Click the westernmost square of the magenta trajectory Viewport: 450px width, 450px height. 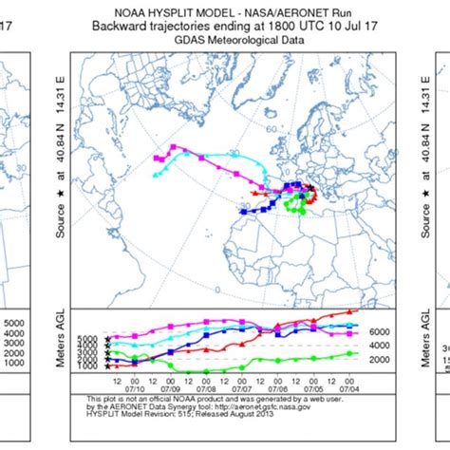[172, 146]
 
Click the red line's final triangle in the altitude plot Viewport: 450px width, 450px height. [352, 310]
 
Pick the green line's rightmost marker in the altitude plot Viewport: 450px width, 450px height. [352, 353]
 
